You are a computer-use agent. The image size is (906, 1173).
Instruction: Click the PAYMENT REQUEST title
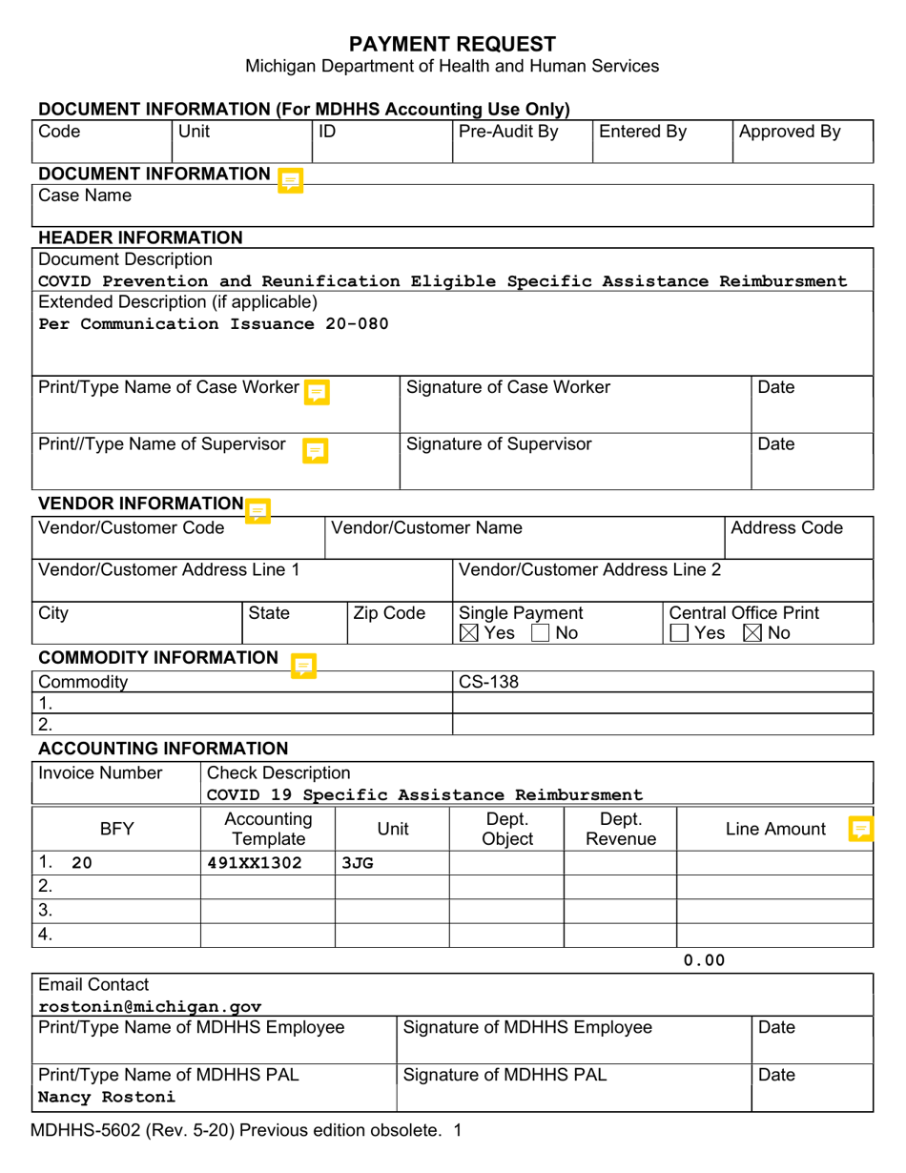(452, 43)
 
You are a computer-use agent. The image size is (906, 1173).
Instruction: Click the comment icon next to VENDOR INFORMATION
(257, 510)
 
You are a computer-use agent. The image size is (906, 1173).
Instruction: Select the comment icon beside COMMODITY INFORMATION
(303, 664)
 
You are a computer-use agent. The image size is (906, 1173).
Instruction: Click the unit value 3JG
(357, 863)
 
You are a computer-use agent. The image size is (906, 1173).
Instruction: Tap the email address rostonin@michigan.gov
(150, 1006)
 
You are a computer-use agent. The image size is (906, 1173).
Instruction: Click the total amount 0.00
(705, 960)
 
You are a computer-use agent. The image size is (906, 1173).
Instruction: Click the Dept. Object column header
(506, 829)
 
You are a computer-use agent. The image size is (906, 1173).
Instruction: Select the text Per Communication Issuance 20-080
(214, 323)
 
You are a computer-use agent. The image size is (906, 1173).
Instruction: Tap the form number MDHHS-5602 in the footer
(84, 1132)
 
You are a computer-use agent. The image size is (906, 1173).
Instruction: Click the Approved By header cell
(790, 133)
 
